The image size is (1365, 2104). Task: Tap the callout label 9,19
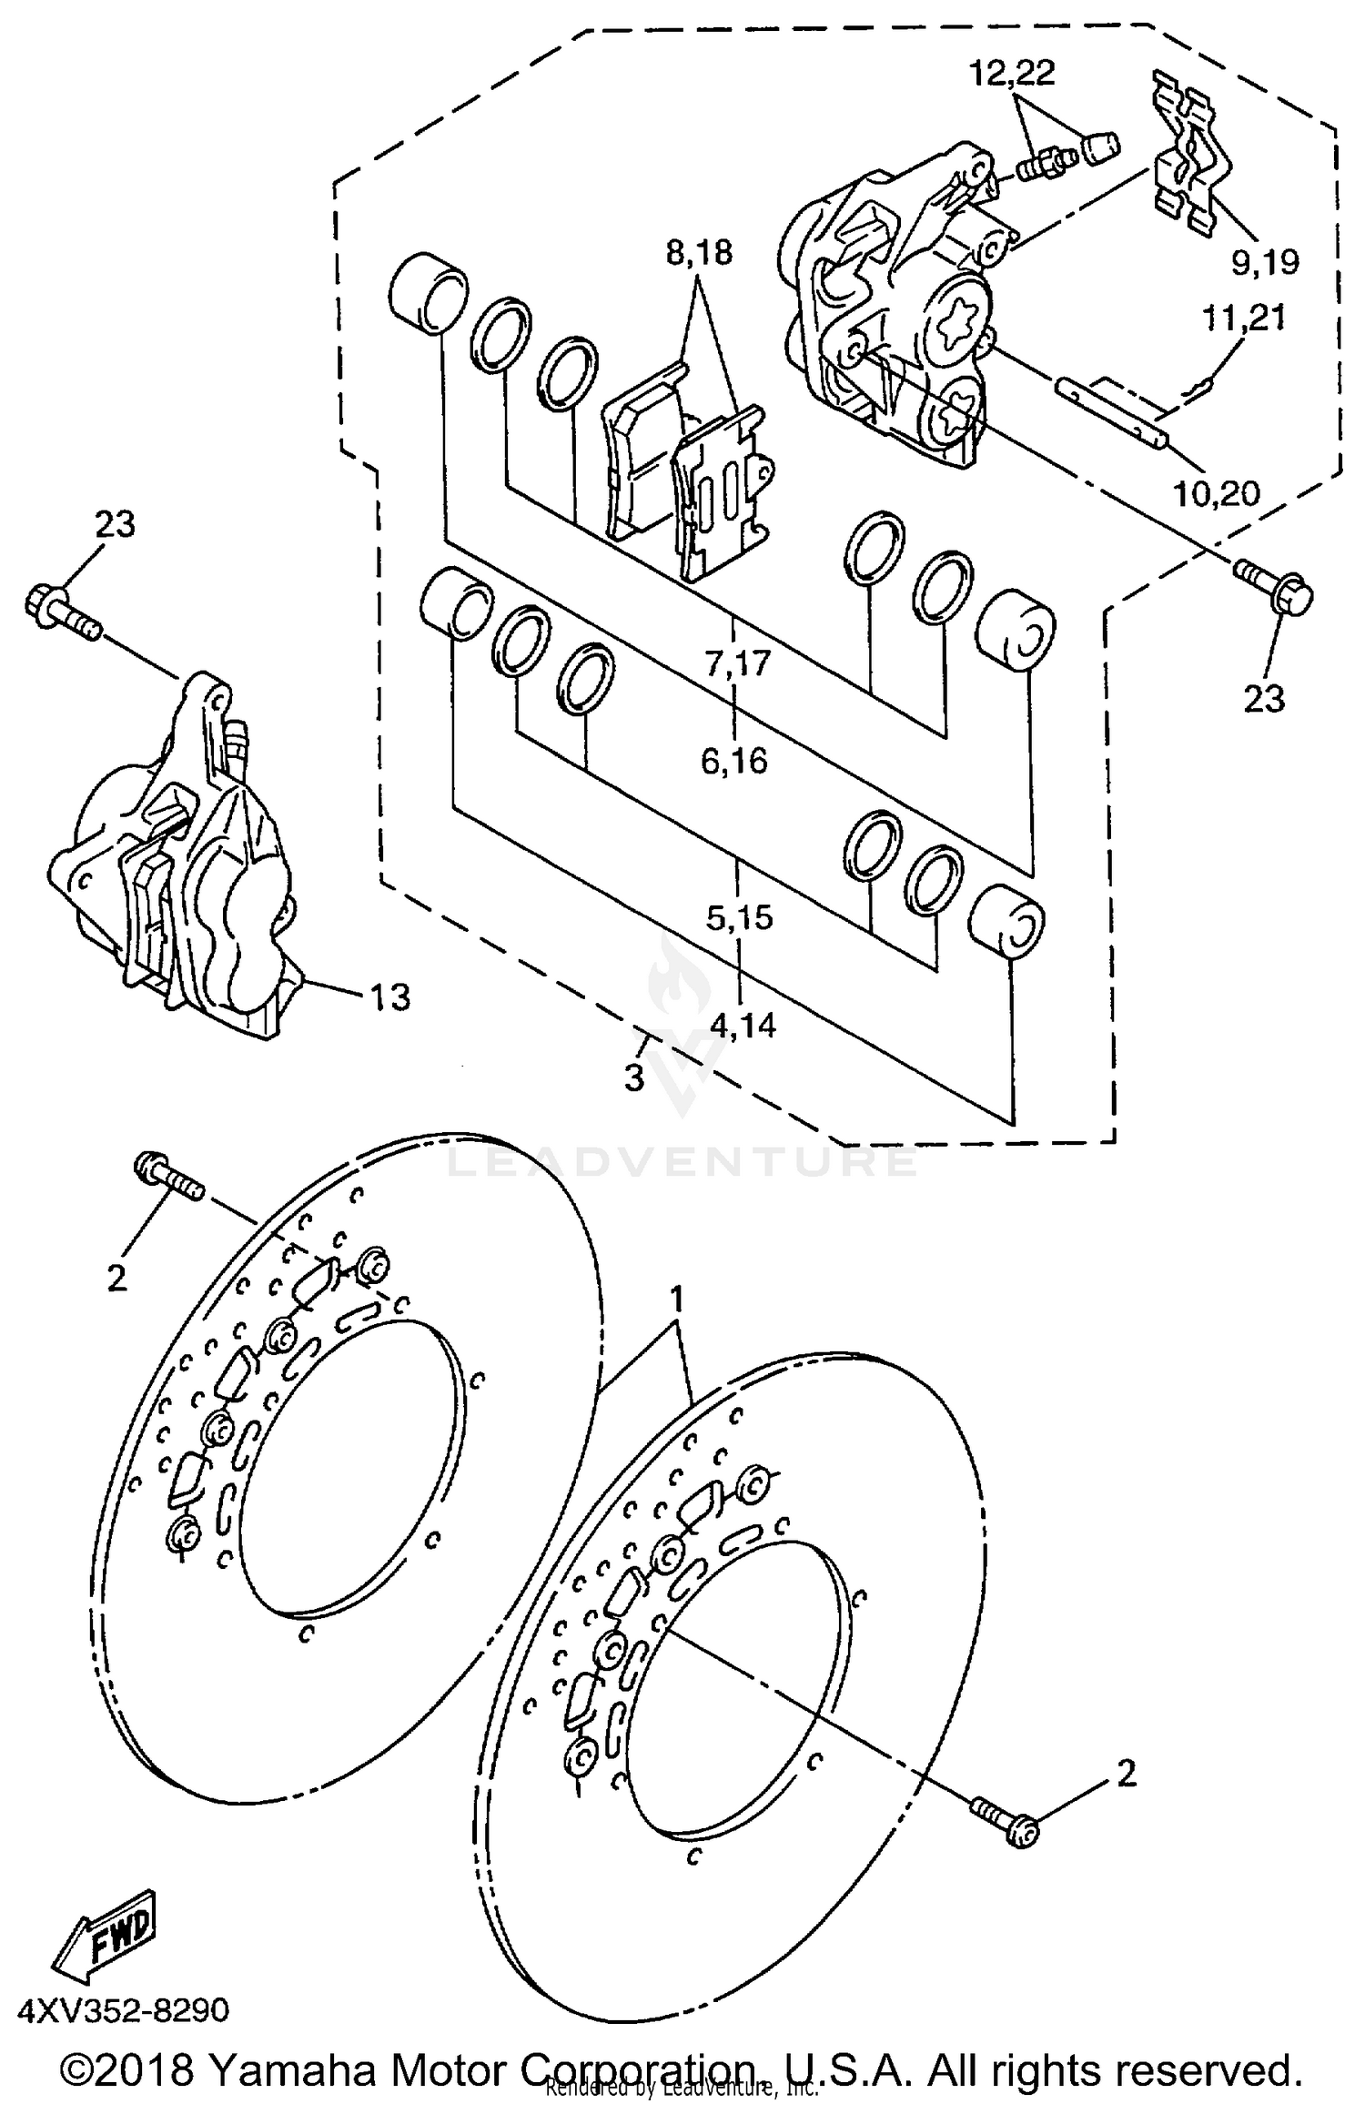(x=1265, y=262)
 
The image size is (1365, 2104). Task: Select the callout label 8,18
(x=699, y=252)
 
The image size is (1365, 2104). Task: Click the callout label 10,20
(x=1216, y=494)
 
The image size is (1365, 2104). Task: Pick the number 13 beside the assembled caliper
(x=389, y=997)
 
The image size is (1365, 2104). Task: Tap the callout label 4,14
(x=743, y=1026)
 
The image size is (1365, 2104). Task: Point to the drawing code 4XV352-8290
(x=124, y=2008)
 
